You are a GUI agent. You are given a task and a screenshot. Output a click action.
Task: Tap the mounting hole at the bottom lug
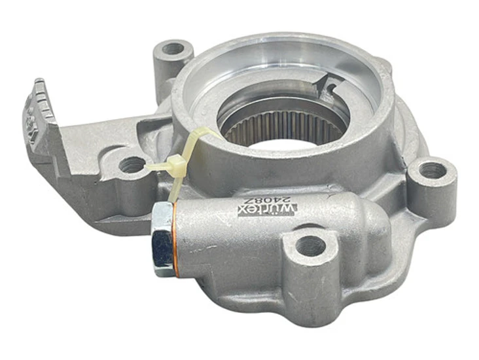click(x=310, y=246)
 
